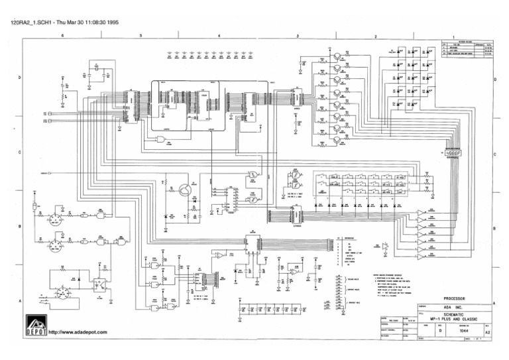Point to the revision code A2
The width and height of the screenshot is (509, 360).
click(x=488, y=333)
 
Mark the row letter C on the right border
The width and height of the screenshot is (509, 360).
click(x=495, y=153)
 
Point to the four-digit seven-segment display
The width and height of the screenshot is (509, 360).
click(x=453, y=153)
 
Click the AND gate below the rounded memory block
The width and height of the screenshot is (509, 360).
click(x=160, y=139)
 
